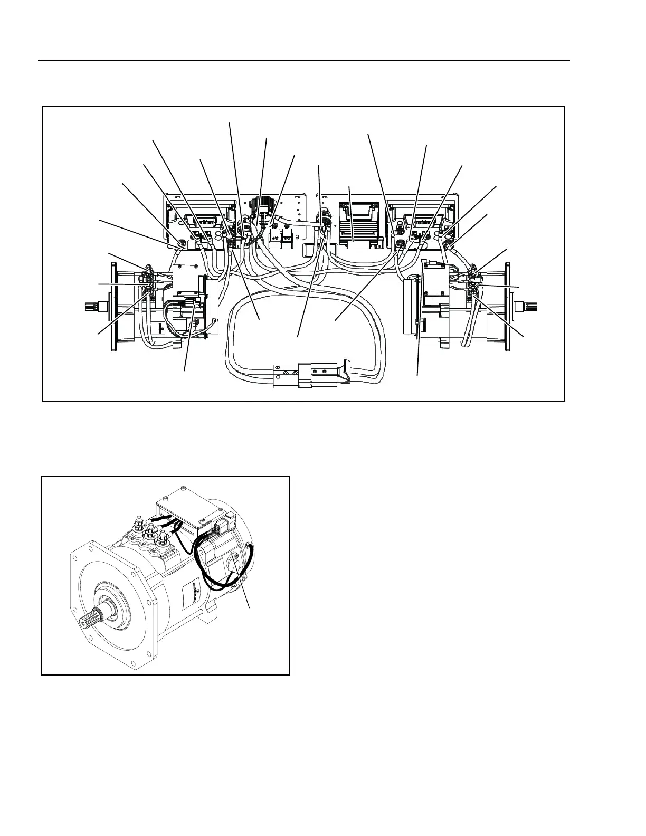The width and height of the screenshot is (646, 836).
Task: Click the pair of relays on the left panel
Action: point(281,236)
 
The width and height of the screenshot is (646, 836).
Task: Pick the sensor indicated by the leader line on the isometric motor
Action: point(235,567)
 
